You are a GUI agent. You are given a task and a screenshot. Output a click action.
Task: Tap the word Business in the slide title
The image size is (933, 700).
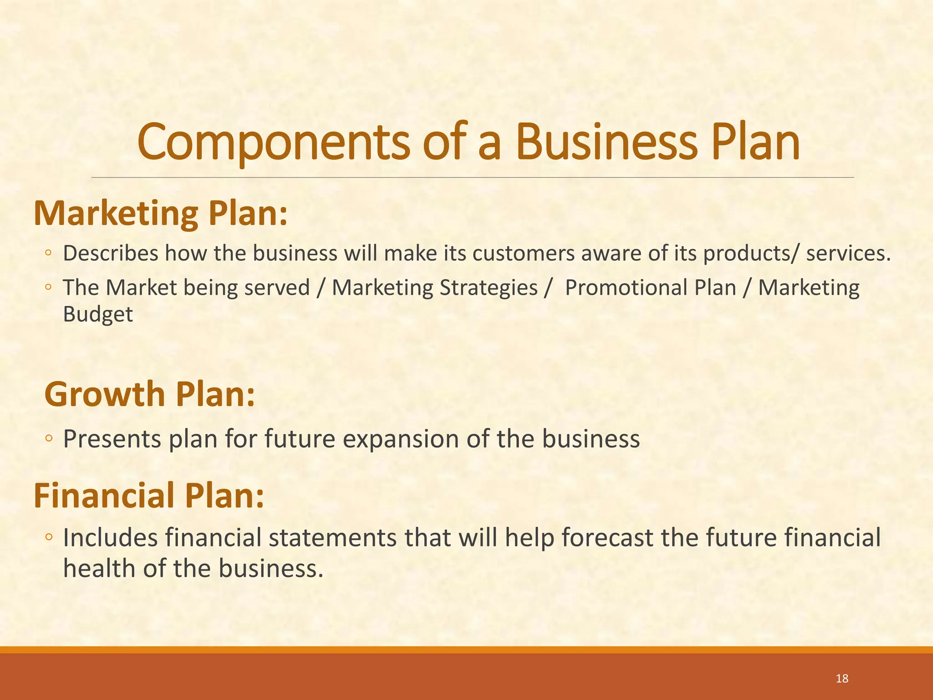coord(606,142)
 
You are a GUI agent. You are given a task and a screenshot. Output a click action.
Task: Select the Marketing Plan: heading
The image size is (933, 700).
coord(161,213)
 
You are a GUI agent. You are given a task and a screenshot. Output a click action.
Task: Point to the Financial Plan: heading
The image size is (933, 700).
coord(149,495)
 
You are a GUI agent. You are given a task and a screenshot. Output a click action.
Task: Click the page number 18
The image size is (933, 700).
coord(842,679)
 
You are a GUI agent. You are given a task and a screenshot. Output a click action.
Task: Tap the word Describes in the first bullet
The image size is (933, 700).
coord(111,253)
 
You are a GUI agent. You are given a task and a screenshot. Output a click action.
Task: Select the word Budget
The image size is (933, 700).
coord(98,314)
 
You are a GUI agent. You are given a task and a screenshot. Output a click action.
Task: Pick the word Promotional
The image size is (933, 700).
coord(651,288)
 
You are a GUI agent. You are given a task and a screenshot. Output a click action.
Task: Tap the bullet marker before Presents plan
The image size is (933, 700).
coord(49,439)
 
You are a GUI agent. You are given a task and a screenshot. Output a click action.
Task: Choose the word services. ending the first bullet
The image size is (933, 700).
coord(848,253)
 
